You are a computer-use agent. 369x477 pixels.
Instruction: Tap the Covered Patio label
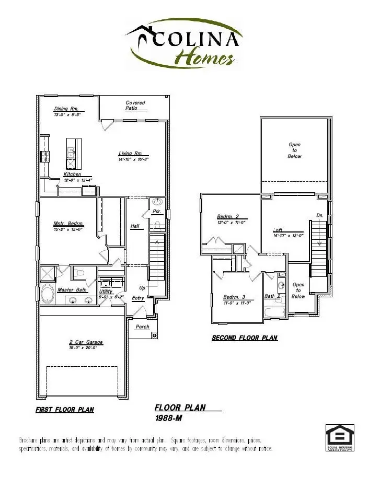click(135, 106)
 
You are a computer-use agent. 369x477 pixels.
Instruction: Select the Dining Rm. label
click(66, 109)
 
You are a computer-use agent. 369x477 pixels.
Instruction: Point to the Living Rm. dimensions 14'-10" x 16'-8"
click(133, 159)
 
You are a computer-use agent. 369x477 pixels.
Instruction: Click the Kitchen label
click(72, 174)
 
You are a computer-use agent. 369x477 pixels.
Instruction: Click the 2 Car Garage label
click(86, 343)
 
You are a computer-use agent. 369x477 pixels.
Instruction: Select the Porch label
click(142, 327)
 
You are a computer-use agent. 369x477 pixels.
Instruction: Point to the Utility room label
click(106, 292)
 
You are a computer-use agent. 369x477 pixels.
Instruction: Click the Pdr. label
click(156, 212)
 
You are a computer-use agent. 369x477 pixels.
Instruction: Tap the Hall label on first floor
click(134, 226)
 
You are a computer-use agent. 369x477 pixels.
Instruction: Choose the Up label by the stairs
click(142, 288)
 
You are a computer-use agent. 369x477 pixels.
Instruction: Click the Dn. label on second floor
click(320, 215)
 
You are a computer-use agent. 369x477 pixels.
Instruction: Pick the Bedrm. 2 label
click(228, 216)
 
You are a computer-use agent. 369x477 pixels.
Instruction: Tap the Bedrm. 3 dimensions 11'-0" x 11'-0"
click(237, 303)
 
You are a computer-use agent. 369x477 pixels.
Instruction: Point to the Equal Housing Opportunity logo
click(340, 438)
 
